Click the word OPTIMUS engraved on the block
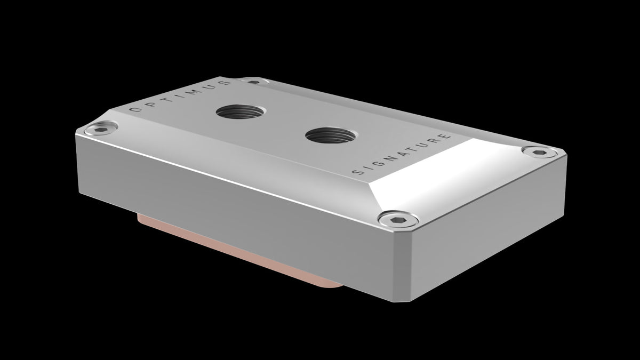pyautogui.click(x=181, y=97)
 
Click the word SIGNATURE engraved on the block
pyautogui.click(x=403, y=155)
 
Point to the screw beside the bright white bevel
pyautogui.click(x=540, y=153)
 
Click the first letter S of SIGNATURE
pyautogui.click(x=357, y=173)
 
